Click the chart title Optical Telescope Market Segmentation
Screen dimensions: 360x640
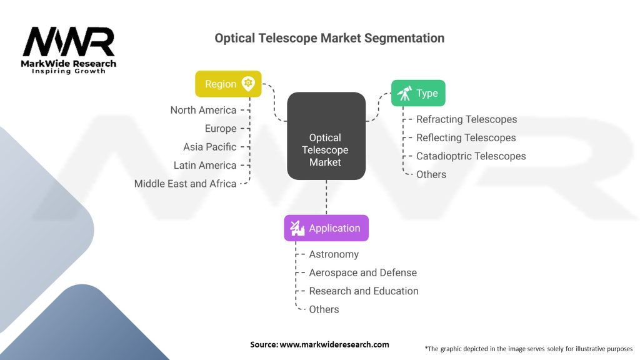[x=329, y=38]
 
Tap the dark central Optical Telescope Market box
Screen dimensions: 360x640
[x=326, y=136]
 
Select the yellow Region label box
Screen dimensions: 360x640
[x=228, y=84]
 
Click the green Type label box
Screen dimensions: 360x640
[x=418, y=93]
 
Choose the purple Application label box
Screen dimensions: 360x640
[x=326, y=228]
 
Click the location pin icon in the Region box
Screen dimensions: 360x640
[x=248, y=84]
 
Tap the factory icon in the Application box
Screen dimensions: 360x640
[x=297, y=228]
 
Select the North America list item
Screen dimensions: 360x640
[x=203, y=110]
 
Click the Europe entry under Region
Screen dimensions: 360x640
[x=221, y=129]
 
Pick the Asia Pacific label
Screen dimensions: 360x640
[x=210, y=147]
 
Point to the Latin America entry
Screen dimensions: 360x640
[x=205, y=166]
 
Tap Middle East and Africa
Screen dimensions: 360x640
[x=186, y=184]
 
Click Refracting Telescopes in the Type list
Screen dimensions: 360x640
[x=467, y=119]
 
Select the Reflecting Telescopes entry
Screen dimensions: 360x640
[x=466, y=137]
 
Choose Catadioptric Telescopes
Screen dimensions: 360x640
[x=471, y=156]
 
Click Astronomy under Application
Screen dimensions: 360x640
[x=334, y=254]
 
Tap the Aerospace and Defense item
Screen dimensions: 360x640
[x=363, y=272]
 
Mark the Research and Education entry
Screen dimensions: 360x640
[x=364, y=291]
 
